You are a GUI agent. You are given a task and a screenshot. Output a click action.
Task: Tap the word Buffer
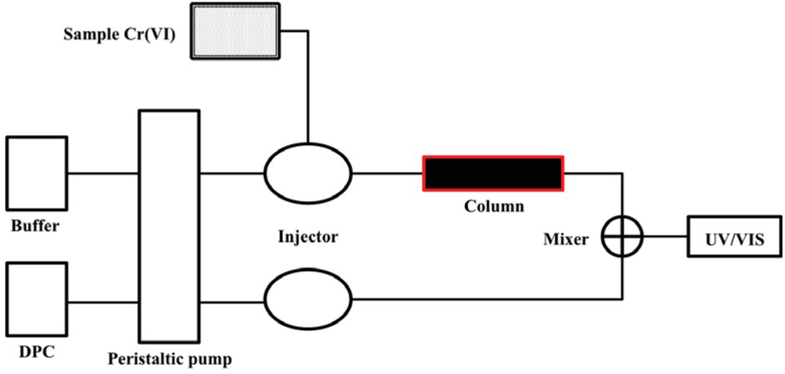(34, 226)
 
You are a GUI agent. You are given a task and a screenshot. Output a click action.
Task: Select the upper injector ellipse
(309, 174)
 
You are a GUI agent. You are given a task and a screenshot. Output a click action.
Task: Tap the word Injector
(308, 237)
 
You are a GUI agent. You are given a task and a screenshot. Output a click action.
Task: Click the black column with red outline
(493, 174)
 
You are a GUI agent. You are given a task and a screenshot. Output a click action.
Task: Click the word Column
(494, 205)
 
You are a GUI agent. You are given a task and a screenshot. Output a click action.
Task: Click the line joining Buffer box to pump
(103, 174)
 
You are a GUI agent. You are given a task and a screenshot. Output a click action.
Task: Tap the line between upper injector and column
(388, 174)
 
